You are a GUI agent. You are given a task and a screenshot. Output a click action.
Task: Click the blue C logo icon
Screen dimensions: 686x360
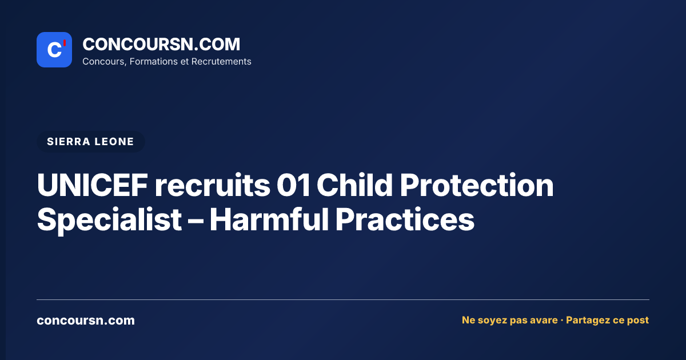[54, 50]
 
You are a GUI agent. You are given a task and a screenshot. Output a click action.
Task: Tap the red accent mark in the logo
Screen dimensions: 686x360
[65, 43]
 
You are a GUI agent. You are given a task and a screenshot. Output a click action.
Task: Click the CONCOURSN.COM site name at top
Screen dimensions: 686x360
[161, 44]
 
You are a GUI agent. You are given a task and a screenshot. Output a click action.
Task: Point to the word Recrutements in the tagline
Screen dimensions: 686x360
[221, 62]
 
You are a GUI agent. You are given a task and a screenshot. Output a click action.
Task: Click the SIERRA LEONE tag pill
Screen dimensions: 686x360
[91, 142]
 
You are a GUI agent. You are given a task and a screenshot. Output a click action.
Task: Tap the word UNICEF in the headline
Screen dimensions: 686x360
[93, 185]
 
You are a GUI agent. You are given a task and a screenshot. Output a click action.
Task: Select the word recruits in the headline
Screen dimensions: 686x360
[213, 185]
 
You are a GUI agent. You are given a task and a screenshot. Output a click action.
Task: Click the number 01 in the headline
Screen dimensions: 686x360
[293, 185]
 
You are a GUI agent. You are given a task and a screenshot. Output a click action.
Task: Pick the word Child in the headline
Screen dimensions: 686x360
[354, 185]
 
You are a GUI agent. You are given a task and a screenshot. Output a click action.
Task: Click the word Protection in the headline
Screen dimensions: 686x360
[477, 185]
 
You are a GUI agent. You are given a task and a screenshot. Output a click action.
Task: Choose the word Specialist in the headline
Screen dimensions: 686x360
[109, 220]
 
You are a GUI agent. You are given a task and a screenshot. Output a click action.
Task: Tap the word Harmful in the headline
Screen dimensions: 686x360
[269, 219]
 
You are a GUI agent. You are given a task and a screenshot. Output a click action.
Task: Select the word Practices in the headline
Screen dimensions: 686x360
[405, 219]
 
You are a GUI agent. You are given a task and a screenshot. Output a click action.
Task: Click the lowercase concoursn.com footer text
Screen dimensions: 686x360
[86, 320]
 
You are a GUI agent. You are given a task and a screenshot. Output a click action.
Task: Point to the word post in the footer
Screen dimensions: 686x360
[638, 321]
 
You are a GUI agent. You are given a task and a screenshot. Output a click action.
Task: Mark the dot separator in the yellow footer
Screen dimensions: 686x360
[561, 321]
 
